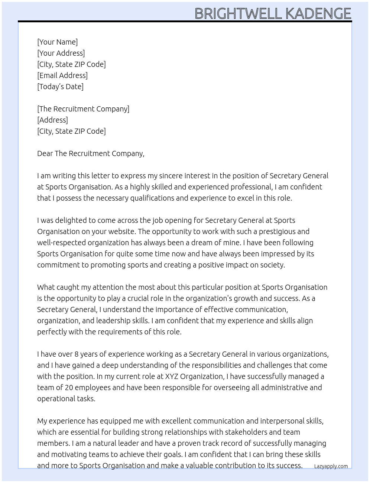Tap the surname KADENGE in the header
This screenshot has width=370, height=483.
318,14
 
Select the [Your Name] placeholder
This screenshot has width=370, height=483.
57,42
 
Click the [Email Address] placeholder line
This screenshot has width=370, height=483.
62,75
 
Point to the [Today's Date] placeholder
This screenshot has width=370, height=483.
60,87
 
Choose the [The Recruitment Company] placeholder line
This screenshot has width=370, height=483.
83,109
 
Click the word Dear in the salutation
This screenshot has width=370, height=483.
45,153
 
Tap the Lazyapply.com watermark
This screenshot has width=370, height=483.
331,466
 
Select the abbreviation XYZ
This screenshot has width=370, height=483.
172,376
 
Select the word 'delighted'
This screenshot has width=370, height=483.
71,220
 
